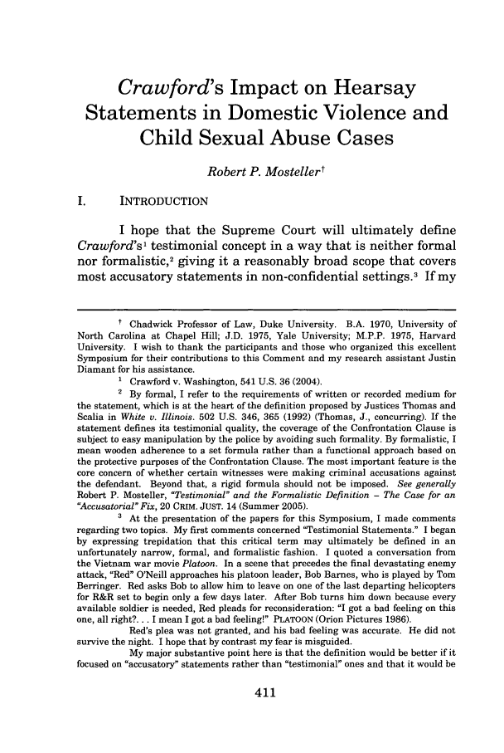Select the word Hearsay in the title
pos(375,86)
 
